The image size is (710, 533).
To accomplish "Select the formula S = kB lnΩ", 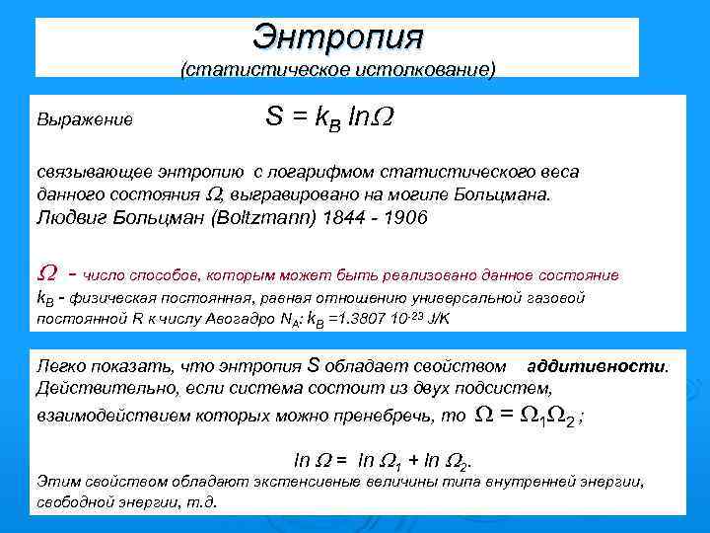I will (329, 116).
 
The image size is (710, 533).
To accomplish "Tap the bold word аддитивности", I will (597, 365).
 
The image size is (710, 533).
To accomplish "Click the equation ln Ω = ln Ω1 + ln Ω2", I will (383, 460).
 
